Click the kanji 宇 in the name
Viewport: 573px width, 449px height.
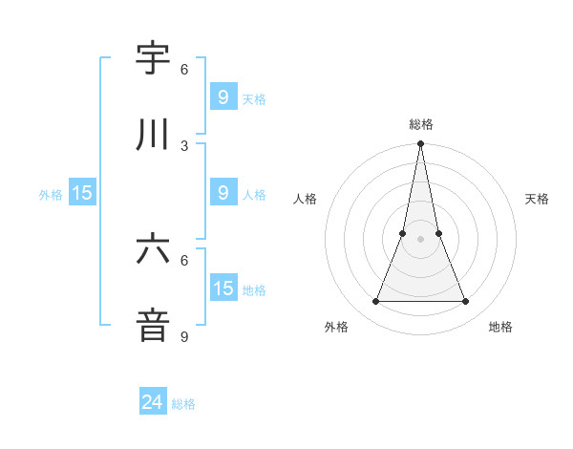[153, 58]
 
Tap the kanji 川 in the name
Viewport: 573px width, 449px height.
[153, 135]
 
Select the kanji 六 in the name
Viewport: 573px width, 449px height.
[153, 249]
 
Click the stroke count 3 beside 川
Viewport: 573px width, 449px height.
[184, 145]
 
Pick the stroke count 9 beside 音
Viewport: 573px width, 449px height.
[184, 336]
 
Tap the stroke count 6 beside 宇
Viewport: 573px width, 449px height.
[184, 69]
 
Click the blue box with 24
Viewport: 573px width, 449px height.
[153, 402]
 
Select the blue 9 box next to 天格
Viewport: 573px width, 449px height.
[223, 96]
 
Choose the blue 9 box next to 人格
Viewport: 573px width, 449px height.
[223, 193]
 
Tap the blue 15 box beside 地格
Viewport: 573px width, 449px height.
[223, 289]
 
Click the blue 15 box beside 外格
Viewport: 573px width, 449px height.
[82, 193]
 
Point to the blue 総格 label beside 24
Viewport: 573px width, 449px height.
[183, 404]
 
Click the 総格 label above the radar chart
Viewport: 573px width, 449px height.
[420, 124]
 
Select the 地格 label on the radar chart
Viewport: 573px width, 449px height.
[500, 327]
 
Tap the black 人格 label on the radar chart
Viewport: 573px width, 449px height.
[305, 199]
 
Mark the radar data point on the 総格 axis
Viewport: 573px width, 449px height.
[420, 144]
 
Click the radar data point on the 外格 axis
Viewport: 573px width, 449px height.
[375, 302]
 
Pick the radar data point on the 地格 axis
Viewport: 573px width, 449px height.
[465, 302]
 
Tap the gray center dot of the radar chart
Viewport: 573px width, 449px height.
[420, 239]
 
